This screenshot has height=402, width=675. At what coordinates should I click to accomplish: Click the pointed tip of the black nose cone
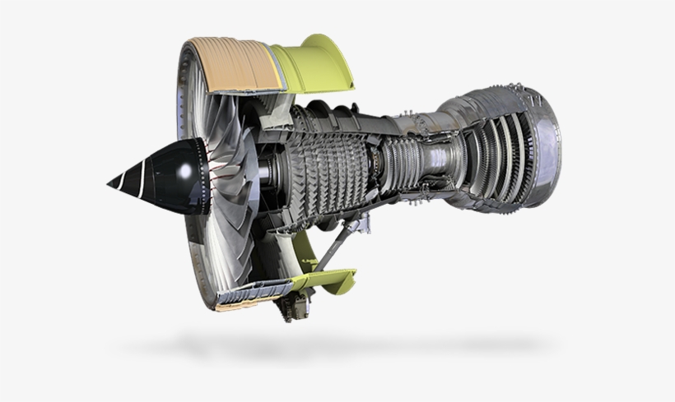(x=109, y=182)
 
